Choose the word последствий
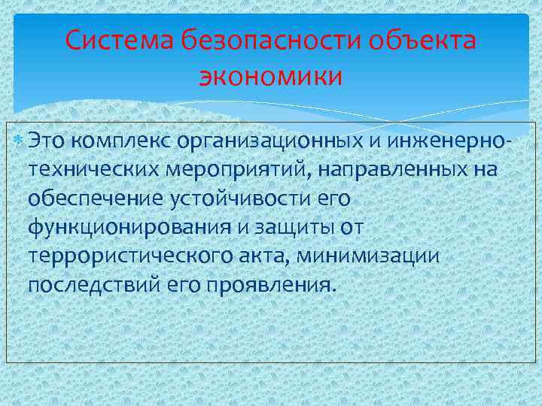pyautogui.click(x=90, y=286)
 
